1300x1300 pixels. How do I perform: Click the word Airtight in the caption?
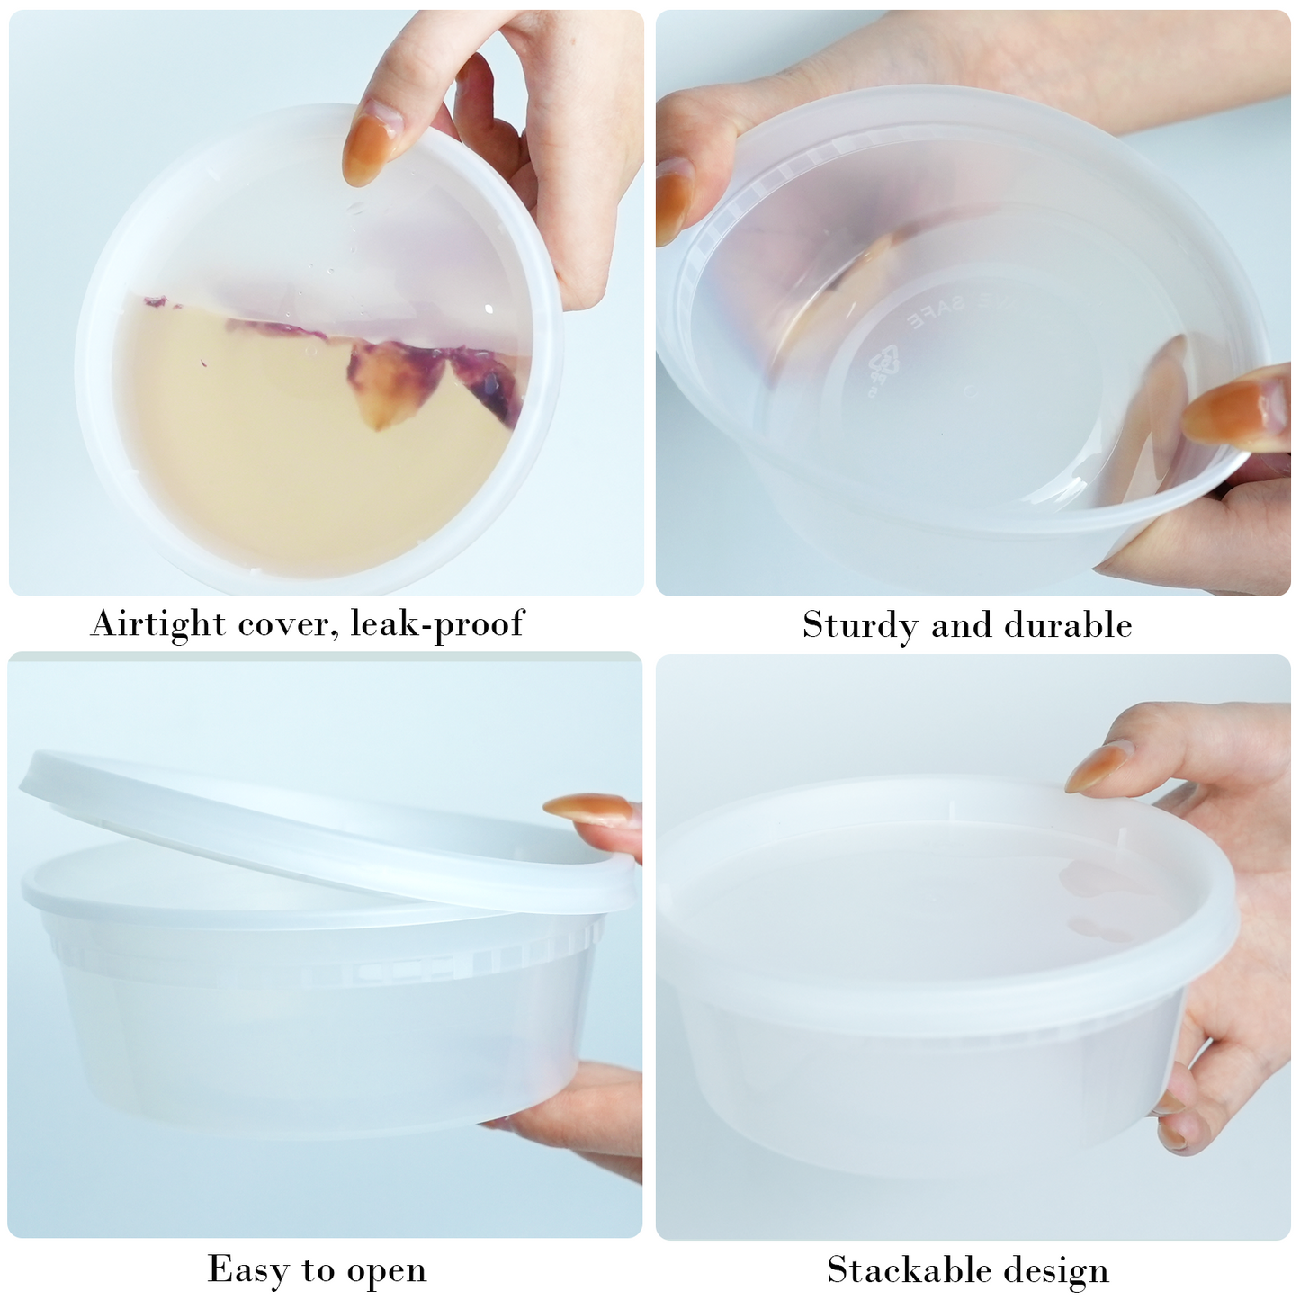[x=157, y=623]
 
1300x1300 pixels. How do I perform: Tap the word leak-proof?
[x=436, y=623]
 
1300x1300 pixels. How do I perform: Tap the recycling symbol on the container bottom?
[x=878, y=365]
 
